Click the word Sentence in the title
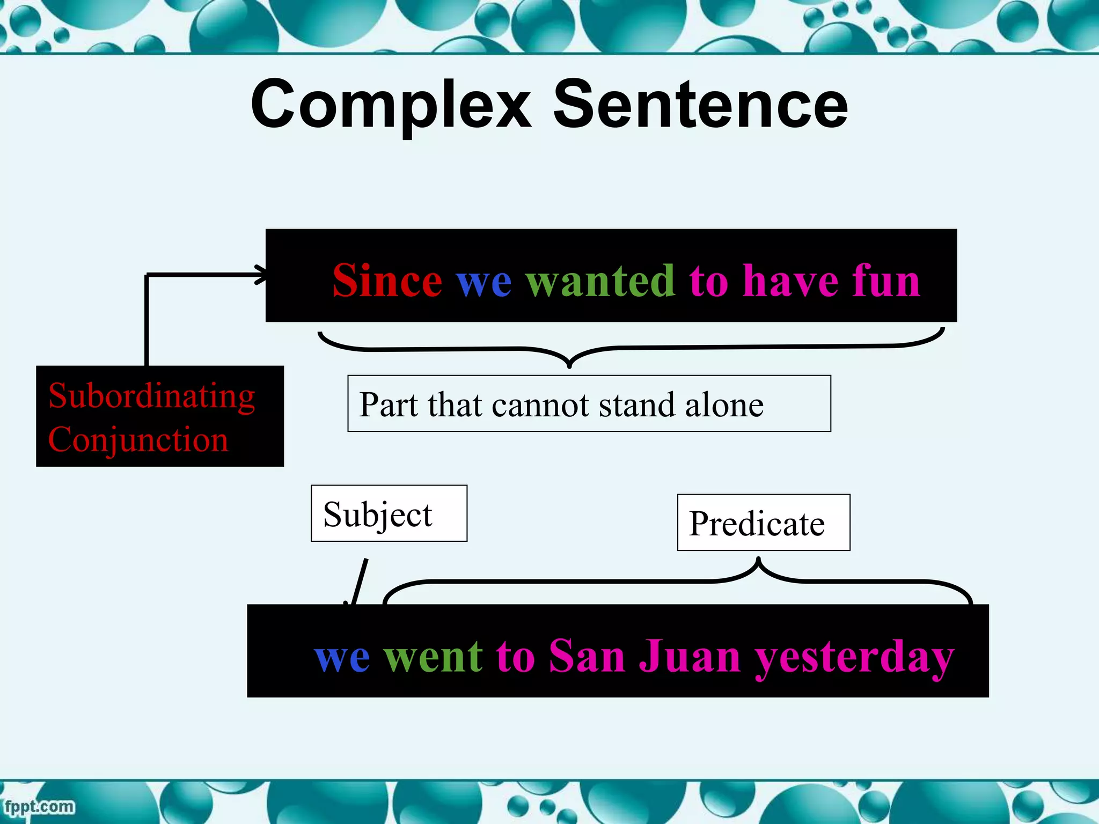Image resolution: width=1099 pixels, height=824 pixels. click(x=700, y=105)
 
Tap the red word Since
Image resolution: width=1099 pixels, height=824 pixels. click(x=387, y=281)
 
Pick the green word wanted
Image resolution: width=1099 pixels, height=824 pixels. click(x=600, y=281)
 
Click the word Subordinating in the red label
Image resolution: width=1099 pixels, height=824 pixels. click(x=151, y=396)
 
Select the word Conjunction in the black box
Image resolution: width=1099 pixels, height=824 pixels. click(x=138, y=440)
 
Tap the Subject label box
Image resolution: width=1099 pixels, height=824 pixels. click(x=389, y=513)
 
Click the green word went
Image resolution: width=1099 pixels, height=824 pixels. click(x=433, y=657)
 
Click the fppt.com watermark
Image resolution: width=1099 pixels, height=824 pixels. click(x=39, y=806)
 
